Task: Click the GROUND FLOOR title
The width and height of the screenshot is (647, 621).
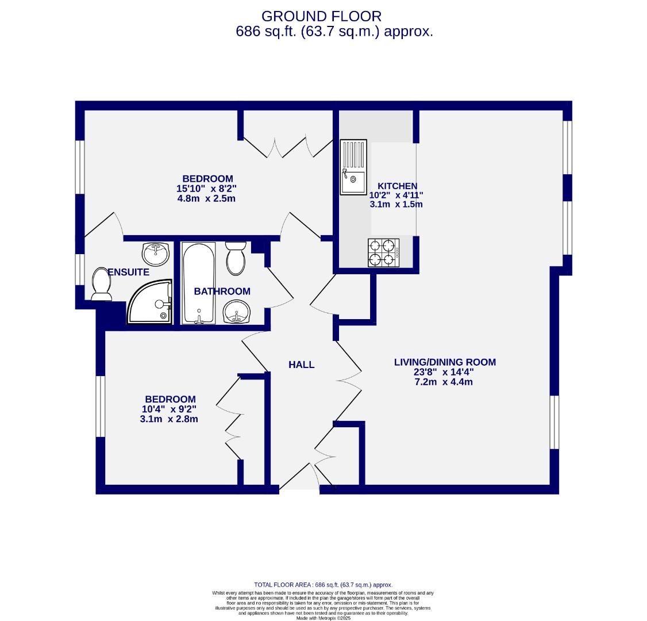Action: pos(321,16)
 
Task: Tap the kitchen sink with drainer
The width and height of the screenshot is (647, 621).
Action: pos(353,167)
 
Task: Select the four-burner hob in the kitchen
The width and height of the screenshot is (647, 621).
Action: pos(383,252)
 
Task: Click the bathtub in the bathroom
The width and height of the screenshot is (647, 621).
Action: pos(198,283)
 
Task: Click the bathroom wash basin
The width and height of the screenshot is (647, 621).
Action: pos(236,312)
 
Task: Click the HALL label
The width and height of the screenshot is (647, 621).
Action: pos(301,365)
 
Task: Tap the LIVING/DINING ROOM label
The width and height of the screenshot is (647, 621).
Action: pos(444,362)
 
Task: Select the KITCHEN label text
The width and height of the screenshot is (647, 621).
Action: pos(397,186)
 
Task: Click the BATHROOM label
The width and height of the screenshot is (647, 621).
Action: pos(222,292)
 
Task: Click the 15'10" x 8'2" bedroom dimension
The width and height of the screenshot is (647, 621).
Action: pos(207,189)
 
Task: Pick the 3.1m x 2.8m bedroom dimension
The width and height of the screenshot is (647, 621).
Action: pos(169,419)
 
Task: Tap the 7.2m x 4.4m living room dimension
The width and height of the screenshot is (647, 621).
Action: pos(444,382)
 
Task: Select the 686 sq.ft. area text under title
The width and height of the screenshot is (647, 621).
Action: pos(334,32)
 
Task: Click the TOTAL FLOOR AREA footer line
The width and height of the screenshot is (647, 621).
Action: pos(323,585)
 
